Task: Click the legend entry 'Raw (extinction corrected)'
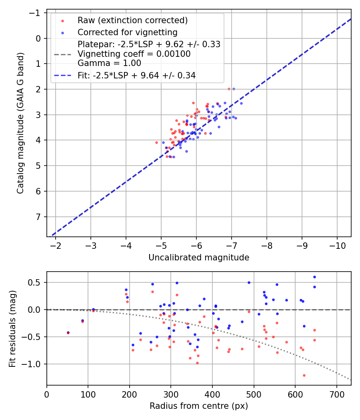pyautogui.click(x=132, y=20)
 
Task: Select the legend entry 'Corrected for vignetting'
pyautogui.click(x=128, y=32)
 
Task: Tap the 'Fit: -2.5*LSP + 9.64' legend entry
pyautogui.click(x=136, y=75)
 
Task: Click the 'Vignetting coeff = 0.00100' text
pyautogui.click(x=134, y=54)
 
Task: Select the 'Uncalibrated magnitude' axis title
pyautogui.click(x=199, y=258)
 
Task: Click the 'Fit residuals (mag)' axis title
pyautogui.click(x=12, y=328)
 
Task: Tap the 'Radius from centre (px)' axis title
pyautogui.click(x=199, y=406)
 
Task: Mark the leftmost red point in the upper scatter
pyautogui.click(x=156, y=142)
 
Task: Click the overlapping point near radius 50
pyautogui.click(x=68, y=332)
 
